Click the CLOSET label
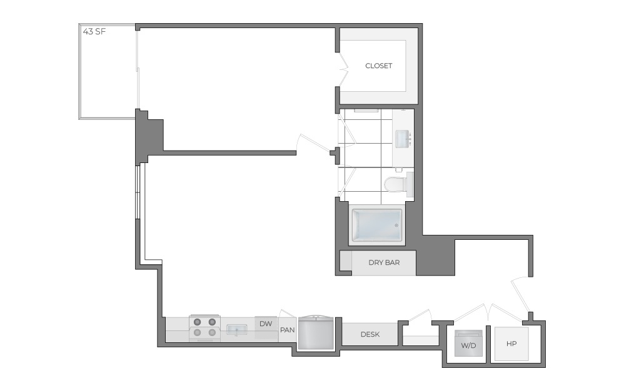378,66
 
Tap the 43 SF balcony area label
94,31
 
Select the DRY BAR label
384,262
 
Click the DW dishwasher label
266,324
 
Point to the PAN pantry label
287,330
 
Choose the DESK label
370,334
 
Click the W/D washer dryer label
468,345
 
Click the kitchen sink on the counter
236,329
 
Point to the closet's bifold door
343,70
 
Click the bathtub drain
396,225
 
